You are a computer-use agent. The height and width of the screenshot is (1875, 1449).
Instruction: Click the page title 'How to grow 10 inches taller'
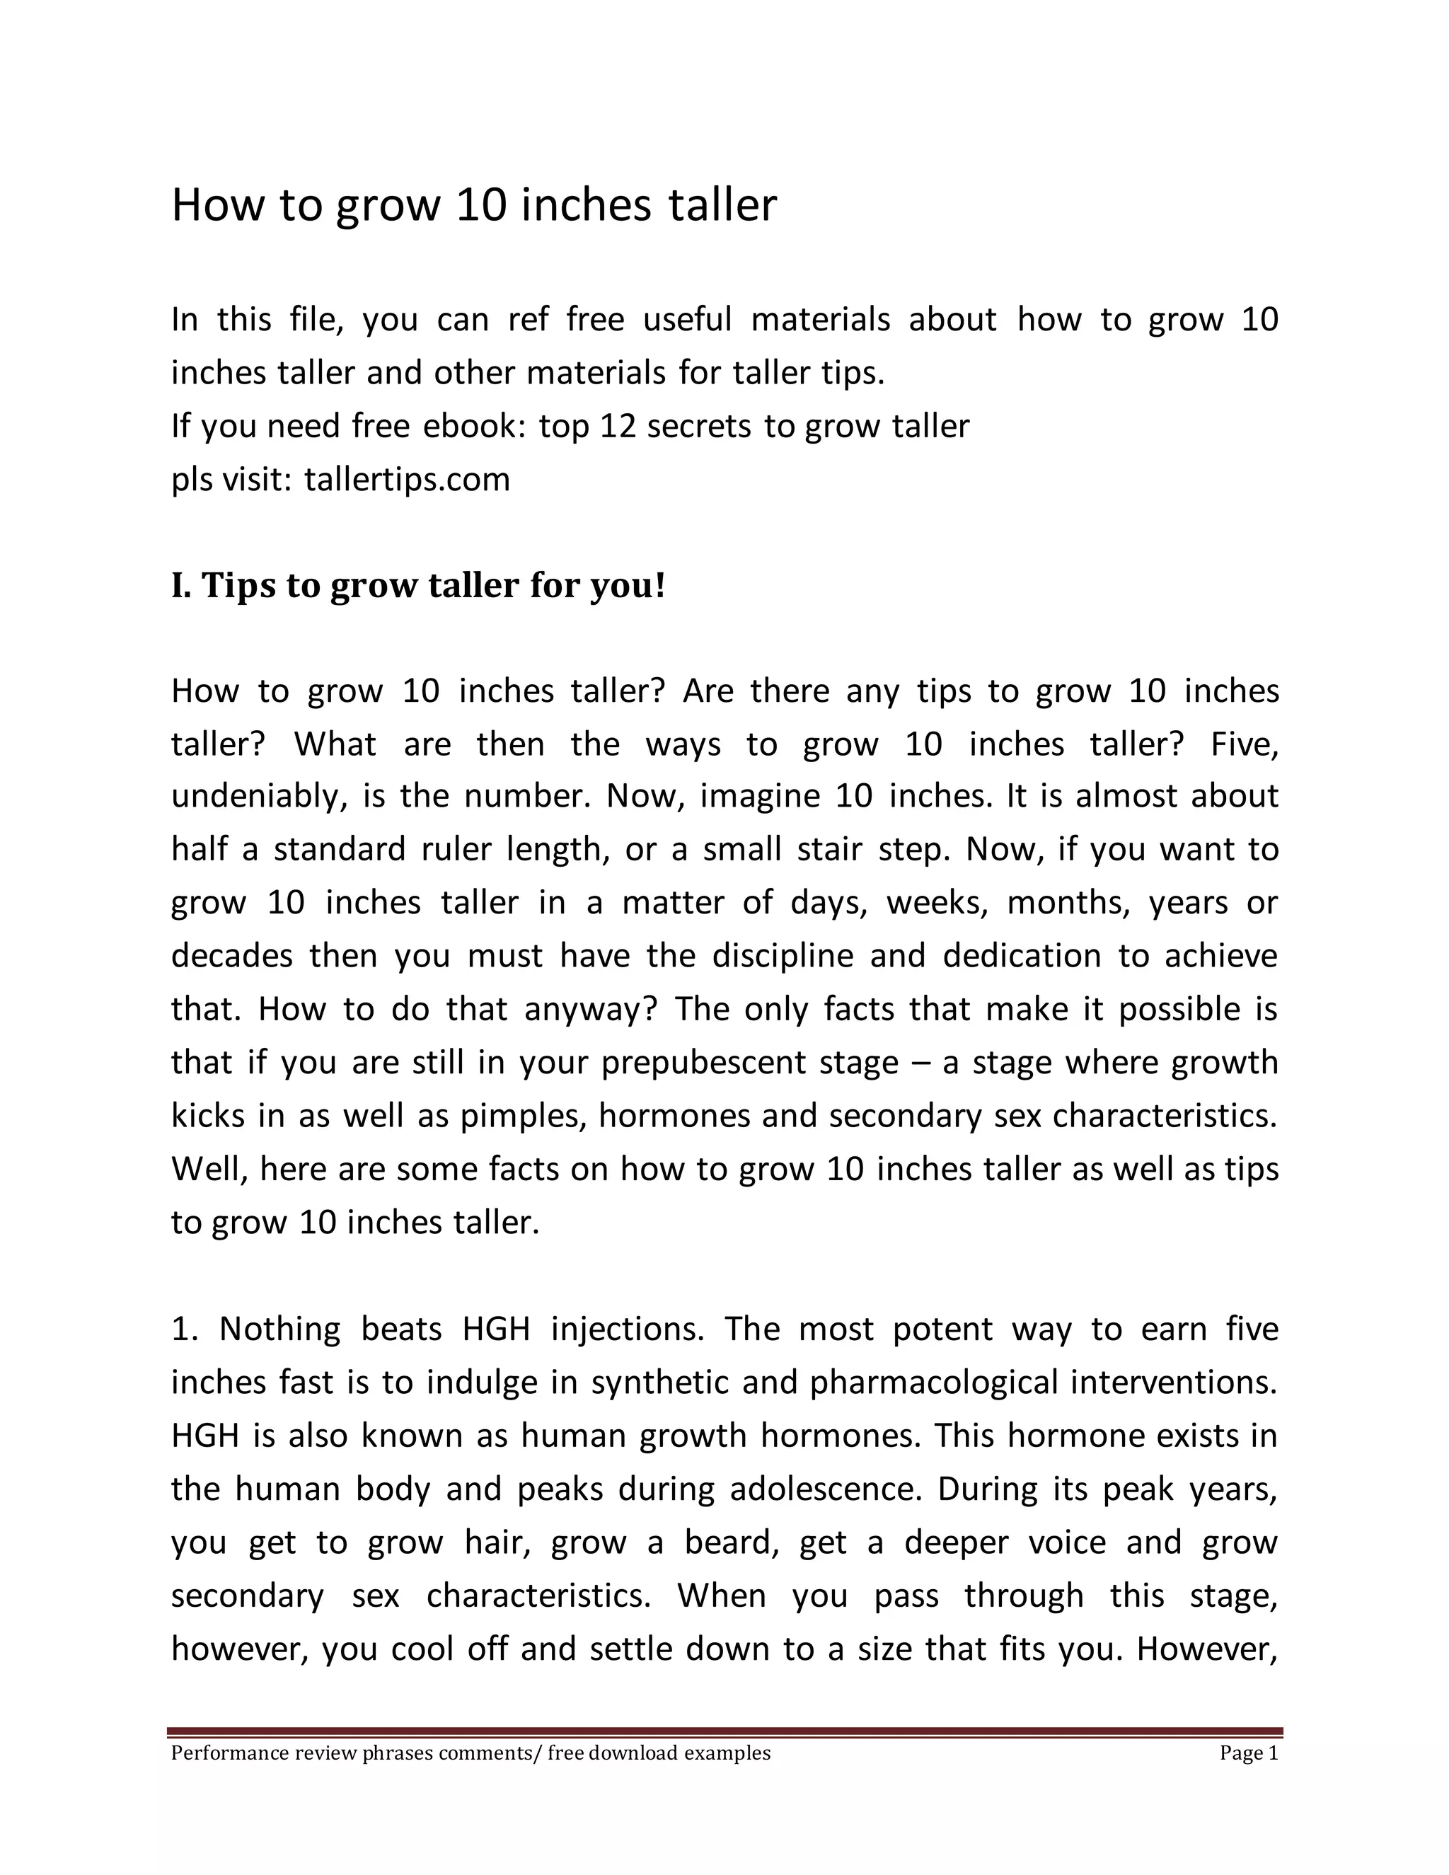(x=474, y=205)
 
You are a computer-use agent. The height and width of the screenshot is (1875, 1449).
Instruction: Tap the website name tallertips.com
(x=407, y=479)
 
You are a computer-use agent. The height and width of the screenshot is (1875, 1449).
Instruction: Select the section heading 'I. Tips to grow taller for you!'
(x=418, y=586)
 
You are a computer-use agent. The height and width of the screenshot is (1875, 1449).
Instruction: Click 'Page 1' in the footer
(x=1248, y=1753)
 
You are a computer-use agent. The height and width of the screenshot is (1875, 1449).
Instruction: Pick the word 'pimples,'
(x=524, y=1116)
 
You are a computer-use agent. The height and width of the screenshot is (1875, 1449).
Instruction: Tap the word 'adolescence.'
(x=826, y=1489)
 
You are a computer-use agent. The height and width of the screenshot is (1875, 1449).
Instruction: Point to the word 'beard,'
(x=732, y=1542)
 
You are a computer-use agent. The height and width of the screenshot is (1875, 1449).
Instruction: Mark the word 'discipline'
(x=782, y=955)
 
